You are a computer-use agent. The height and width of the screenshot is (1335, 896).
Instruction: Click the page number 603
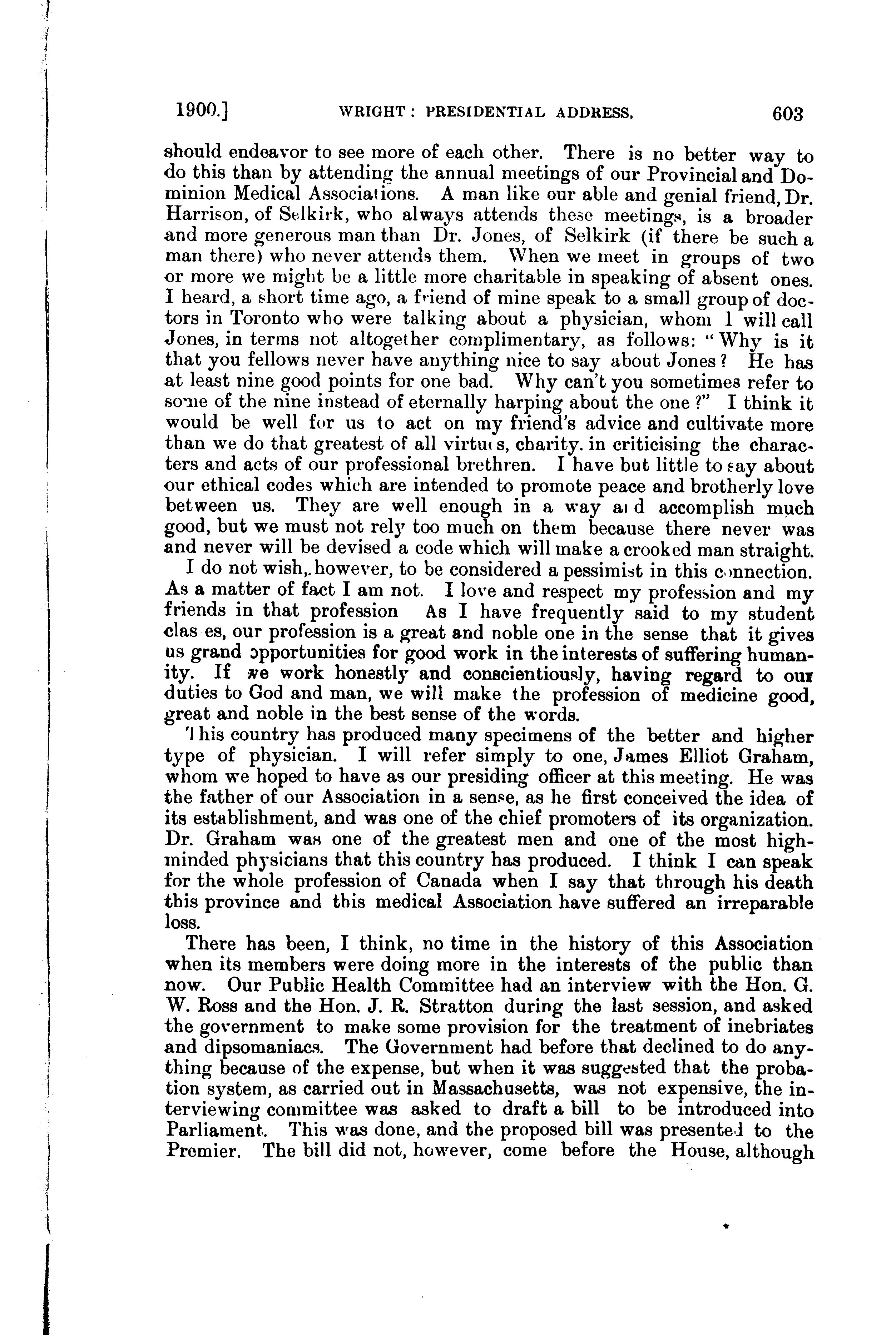pos(787,114)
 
